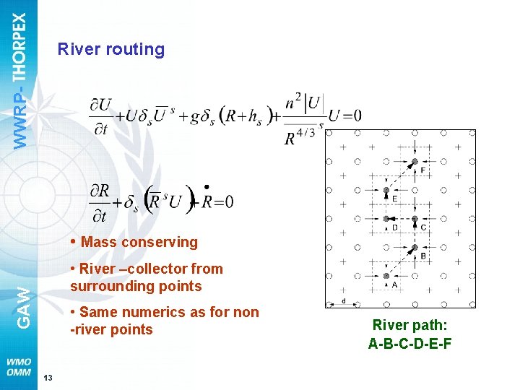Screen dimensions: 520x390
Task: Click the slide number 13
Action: tap(47, 378)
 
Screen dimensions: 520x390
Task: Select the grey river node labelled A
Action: tap(386, 276)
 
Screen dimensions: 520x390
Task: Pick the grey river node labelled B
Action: tap(415, 247)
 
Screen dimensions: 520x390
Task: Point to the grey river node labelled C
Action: tap(415, 219)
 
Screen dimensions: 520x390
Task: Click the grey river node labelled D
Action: tap(386, 219)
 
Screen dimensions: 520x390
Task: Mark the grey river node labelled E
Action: tap(386, 190)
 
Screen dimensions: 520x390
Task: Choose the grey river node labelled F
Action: tap(415, 161)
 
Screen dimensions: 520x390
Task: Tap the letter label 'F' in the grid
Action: tap(422, 170)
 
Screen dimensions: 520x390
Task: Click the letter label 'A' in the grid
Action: tap(394, 285)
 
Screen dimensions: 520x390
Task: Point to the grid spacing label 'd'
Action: tap(344, 300)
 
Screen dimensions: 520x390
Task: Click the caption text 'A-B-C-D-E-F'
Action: tap(409, 344)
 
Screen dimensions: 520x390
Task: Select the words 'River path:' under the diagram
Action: tap(409, 326)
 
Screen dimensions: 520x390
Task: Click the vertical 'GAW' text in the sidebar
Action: tap(23, 306)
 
